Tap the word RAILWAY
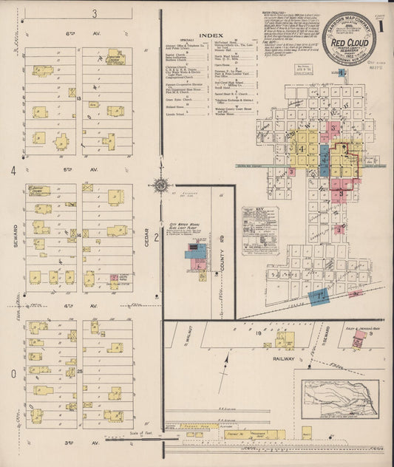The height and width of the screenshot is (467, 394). point(283,358)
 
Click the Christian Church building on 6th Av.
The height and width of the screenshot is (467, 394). point(115,58)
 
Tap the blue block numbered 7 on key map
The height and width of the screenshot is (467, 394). point(319,296)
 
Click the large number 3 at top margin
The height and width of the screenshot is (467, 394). point(94,13)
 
